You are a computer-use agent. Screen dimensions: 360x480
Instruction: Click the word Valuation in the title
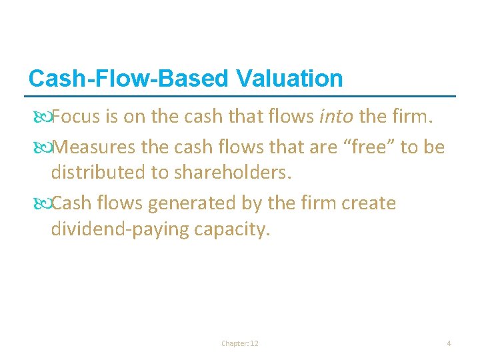[x=289, y=79]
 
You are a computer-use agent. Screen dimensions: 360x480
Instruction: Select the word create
[x=368, y=203]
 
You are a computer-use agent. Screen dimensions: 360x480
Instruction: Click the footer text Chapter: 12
[x=240, y=343]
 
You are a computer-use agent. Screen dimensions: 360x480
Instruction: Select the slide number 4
[x=449, y=343]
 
